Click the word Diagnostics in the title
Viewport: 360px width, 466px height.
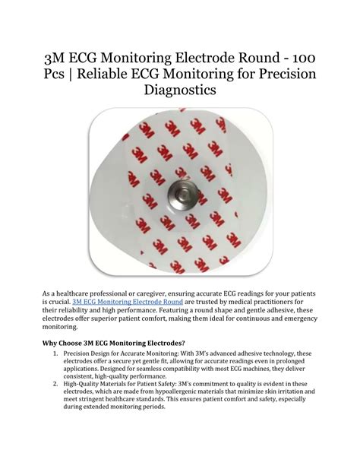[179, 90]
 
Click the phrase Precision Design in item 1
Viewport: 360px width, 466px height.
[90, 353]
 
